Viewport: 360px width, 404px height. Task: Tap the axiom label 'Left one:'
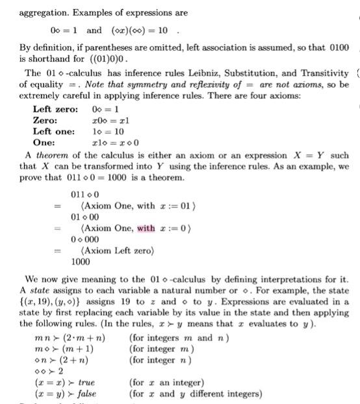pos(55,131)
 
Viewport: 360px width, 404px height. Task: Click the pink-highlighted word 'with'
pos(146,228)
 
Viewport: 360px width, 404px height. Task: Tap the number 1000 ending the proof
pos(81,262)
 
